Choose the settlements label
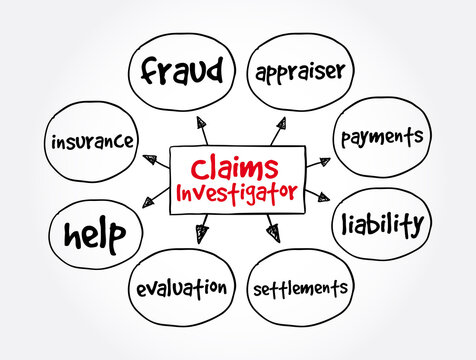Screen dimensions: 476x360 [302, 289]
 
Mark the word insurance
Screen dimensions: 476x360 [92, 142]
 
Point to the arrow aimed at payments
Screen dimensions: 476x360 [317, 161]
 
